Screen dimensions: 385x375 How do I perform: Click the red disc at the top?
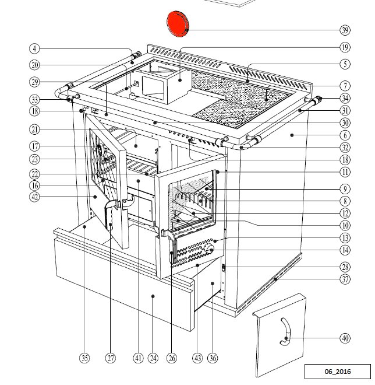(x=179, y=23)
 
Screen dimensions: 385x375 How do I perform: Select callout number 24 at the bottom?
(x=153, y=358)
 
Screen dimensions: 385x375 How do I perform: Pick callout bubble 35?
(x=84, y=358)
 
